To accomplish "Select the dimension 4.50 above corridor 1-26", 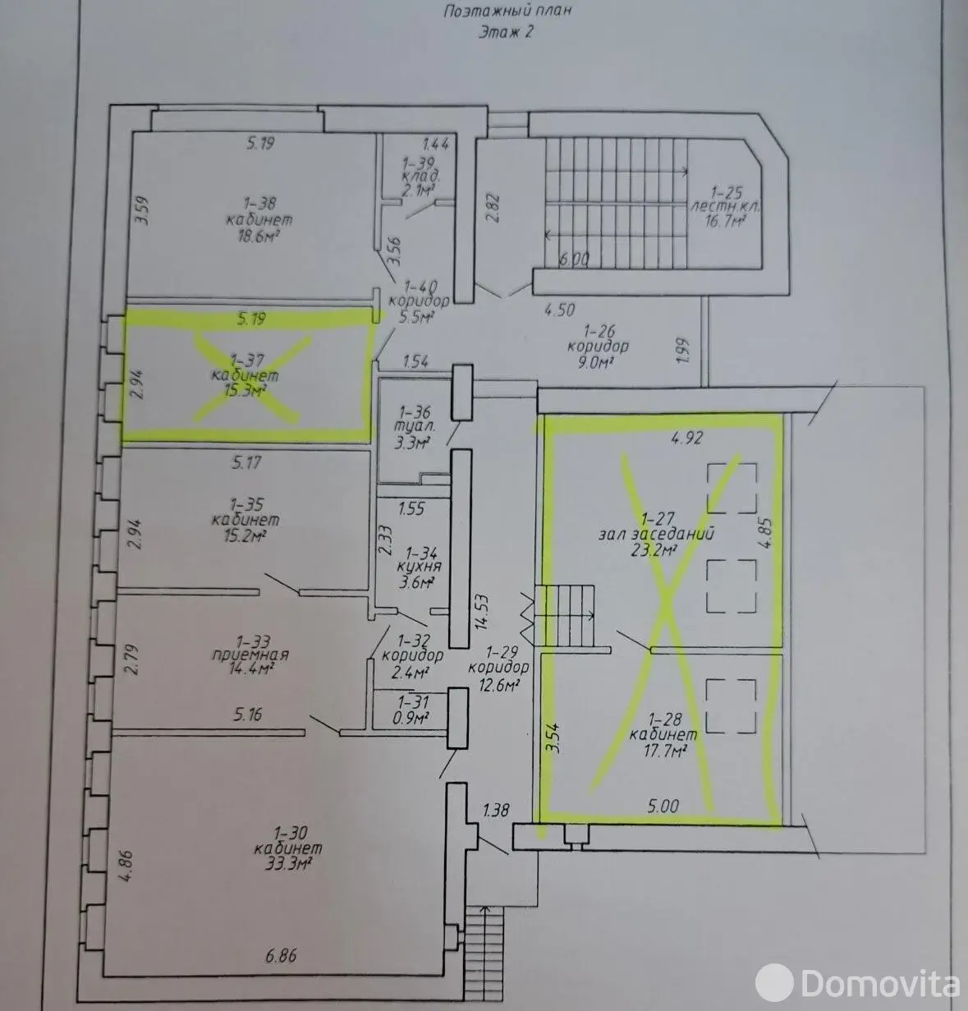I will pyautogui.click(x=560, y=310).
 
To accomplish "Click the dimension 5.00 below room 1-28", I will pyautogui.click(x=663, y=807).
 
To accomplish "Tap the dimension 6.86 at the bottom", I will pyautogui.click(x=282, y=956).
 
